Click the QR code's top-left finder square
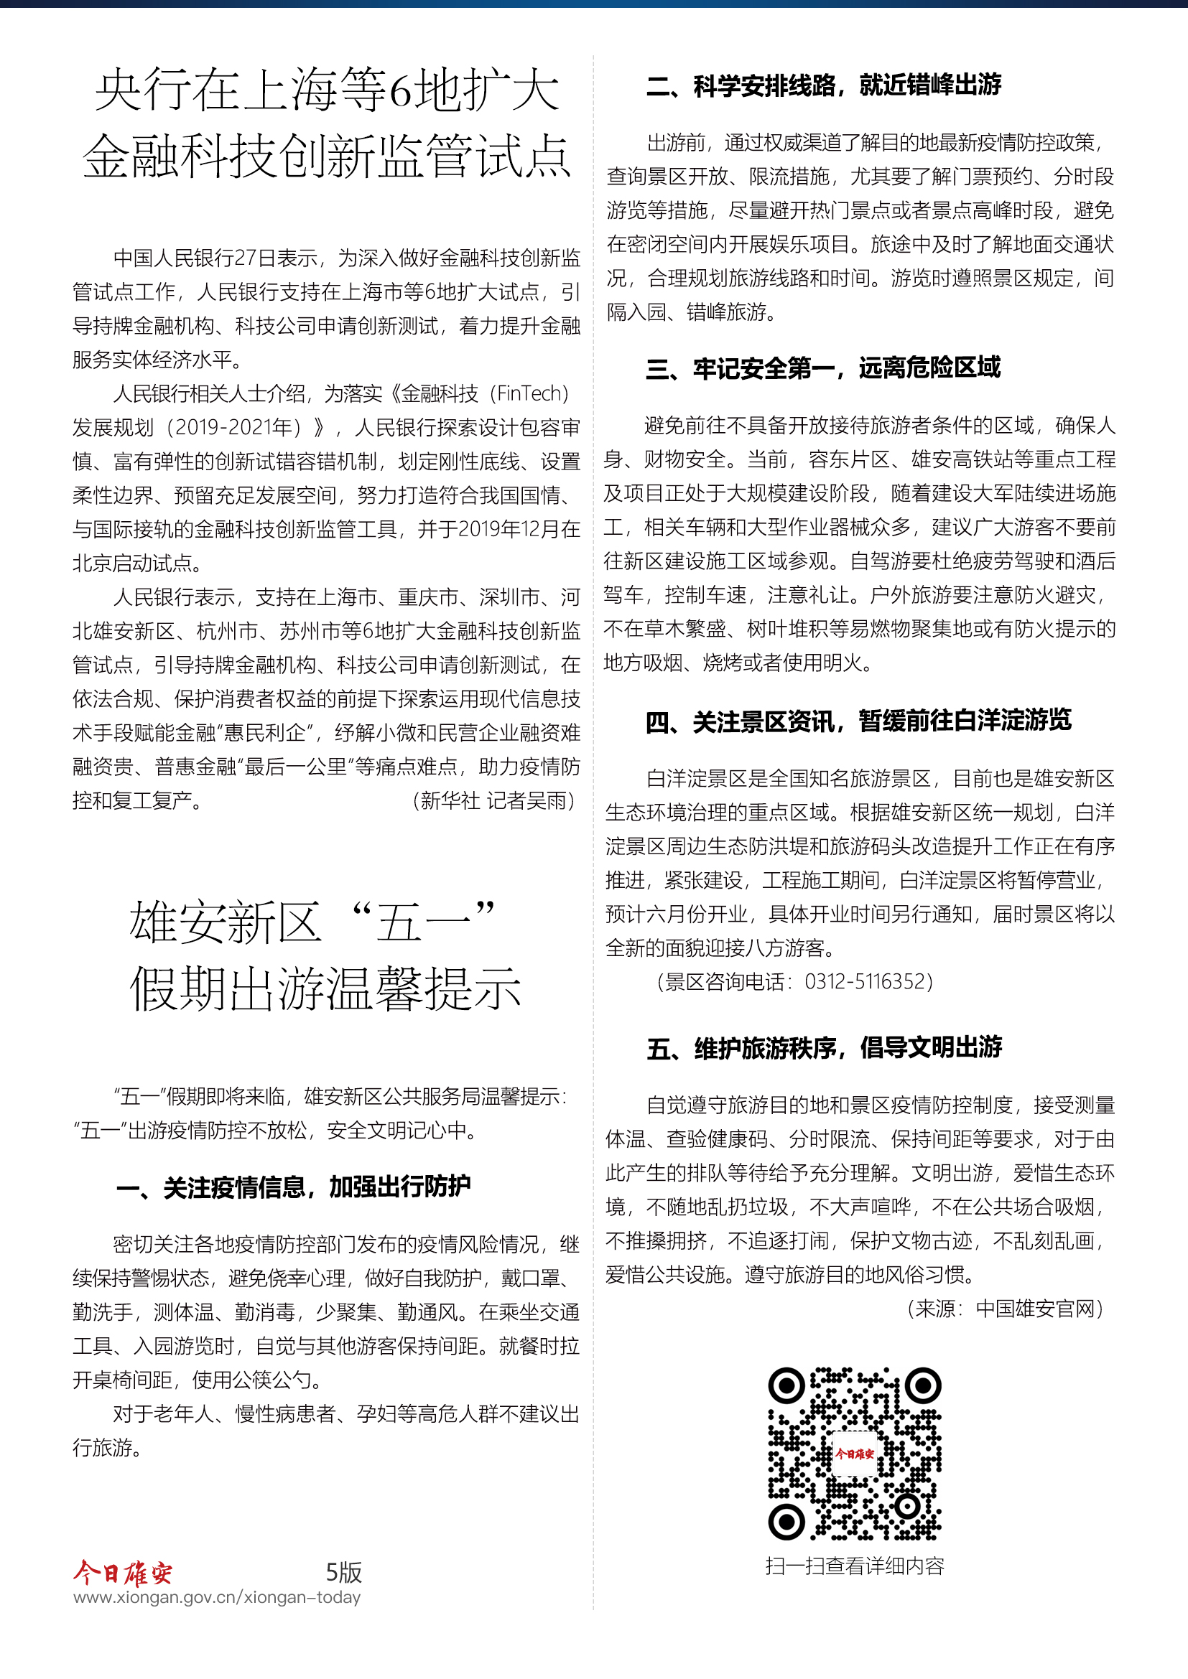click(786, 1385)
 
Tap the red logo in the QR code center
click(855, 1453)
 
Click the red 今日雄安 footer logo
click(123, 1571)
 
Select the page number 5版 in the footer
click(344, 1571)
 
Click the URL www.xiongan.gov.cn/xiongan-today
click(217, 1597)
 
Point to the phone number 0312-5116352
click(868, 981)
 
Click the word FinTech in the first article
click(528, 393)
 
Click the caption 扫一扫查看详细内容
click(855, 1565)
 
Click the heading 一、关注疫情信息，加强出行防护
click(293, 1187)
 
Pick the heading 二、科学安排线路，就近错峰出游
click(824, 85)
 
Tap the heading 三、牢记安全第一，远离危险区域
click(823, 368)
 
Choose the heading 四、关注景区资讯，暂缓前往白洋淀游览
click(858, 721)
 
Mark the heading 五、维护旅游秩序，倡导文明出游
click(825, 1048)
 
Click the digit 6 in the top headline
click(402, 91)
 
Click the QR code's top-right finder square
click(923, 1385)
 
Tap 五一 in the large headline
click(423, 922)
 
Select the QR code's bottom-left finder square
click(786, 1522)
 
